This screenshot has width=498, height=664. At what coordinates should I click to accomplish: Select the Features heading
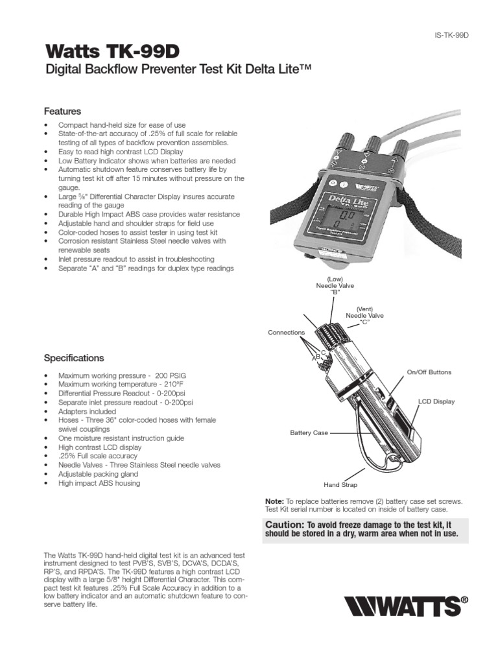click(62, 111)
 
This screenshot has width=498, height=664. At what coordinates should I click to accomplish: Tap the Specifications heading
click(73, 358)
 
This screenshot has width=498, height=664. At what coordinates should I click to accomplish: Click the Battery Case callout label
click(309, 433)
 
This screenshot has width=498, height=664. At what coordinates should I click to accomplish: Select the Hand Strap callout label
click(340, 484)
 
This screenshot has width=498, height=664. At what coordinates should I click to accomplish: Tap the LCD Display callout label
click(436, 401)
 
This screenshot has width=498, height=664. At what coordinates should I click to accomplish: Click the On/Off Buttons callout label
click(429, 372)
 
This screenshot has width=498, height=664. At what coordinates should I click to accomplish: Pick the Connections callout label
click(286, 333)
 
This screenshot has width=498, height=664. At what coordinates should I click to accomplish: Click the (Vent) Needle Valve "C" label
click(370, 315)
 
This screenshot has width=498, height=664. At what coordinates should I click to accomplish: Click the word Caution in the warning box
click(284, 524)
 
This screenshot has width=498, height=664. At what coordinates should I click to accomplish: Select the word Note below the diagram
click(274, 502)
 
